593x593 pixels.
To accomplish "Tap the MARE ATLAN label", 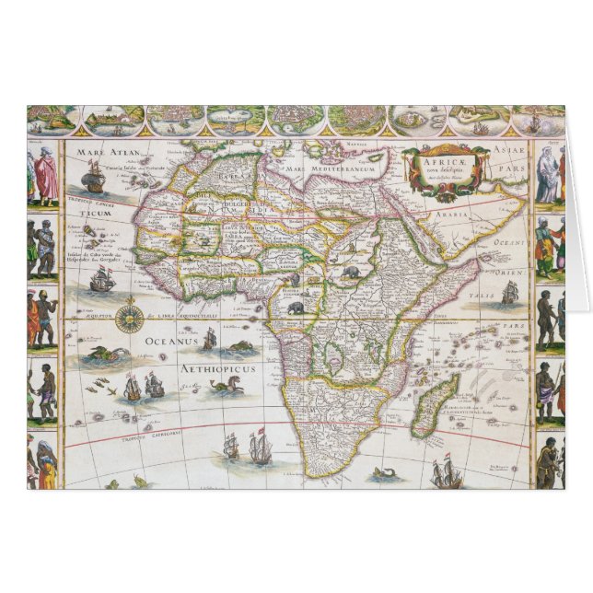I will [107, 153].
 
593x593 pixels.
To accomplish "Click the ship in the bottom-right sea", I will [446, 473].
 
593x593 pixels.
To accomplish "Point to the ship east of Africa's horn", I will [509, 294].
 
